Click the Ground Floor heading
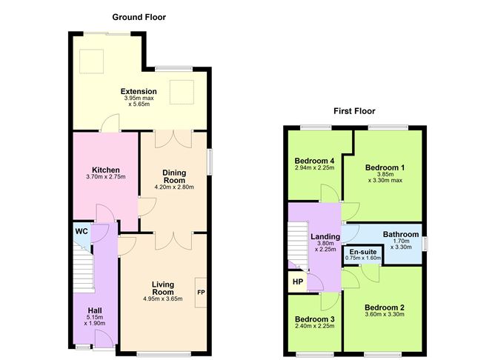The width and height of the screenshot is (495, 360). click(x=139, y=16)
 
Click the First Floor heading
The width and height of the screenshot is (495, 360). click(x=354, y=111)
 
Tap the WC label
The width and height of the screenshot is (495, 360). click(x=82, y=232)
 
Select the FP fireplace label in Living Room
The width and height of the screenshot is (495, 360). click(x=200, y=292)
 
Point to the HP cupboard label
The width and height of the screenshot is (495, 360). click(x=298, y=281)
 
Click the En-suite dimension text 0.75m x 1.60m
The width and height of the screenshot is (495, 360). click(x=362, y=258)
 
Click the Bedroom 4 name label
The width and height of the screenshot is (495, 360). click(x=314, y=161)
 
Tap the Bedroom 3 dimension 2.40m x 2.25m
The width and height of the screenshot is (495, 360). click(x=314, y=327)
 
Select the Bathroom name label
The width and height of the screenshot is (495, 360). click(x=400, y=235)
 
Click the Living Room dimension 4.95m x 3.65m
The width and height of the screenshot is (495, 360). click(x=162, y=299)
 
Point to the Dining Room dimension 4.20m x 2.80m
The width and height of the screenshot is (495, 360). click(x=174, y=187)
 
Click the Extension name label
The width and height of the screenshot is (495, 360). click(x=139, y=92)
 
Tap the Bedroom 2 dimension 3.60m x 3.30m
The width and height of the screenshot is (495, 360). click(x=385, y=315)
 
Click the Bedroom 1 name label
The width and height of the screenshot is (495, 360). click(x=385, y=167)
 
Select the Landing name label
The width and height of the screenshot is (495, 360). click(x=325, y=237)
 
